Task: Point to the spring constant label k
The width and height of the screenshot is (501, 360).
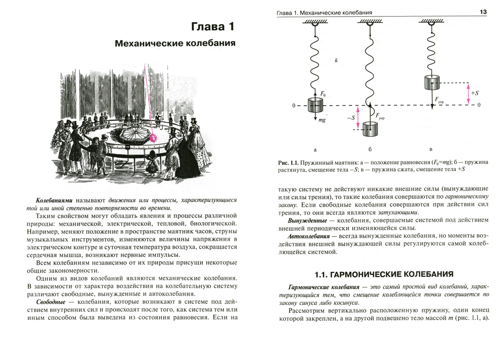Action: tap(337, 61)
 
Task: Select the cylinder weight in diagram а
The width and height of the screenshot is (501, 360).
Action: tap(315, 106)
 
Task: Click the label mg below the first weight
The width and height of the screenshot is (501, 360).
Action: tap(321, 120)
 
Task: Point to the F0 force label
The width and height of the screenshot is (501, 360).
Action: tap(323, 93)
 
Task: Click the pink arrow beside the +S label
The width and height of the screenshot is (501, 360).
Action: tap(468, 94)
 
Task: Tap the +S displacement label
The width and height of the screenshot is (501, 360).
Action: tap(476, 93)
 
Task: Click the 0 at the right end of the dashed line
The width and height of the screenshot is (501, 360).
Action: tap(479, 105)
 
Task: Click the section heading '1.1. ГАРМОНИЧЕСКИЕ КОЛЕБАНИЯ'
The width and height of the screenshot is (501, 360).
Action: tap(383, 274)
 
